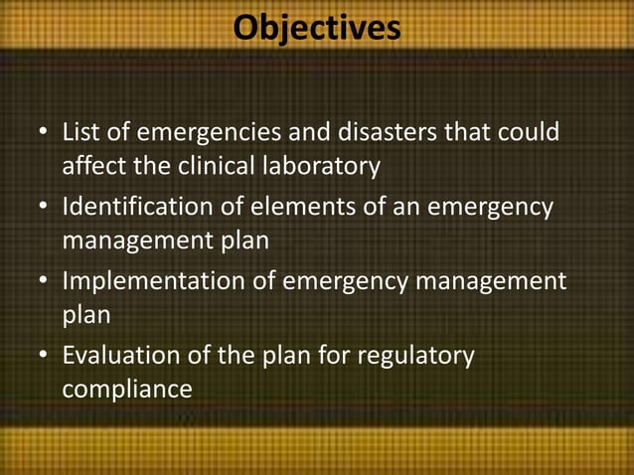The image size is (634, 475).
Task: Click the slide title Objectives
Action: [317, 27]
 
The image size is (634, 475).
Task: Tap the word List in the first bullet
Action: [79, 132]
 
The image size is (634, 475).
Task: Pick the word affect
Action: [92, 165]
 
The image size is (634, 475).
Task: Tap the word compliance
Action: [127, 389]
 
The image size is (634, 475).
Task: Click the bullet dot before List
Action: [43, 133]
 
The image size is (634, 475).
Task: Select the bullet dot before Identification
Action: [43, 209]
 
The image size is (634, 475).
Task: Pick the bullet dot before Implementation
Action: [43, 283]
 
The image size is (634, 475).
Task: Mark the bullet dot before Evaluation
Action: [43, 357]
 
